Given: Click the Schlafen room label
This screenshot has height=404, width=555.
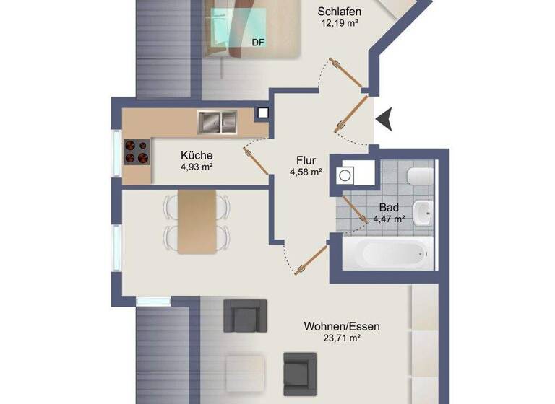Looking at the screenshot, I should (340, 12).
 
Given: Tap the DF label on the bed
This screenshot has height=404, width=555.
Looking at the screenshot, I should (257, 43).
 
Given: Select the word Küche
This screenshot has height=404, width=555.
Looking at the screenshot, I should (197, 155).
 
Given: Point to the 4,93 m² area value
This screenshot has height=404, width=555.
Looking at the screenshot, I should (197, 167).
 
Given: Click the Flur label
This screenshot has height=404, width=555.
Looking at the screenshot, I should (306, 160).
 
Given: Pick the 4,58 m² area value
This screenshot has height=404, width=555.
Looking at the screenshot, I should (306, 172).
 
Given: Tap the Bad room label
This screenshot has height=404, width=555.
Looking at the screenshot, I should (389, 207).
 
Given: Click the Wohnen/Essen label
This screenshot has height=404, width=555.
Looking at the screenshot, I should (342, 326).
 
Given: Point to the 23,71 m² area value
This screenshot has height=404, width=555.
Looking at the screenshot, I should (342, 338).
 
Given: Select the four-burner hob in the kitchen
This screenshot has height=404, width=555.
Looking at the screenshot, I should (136, 151).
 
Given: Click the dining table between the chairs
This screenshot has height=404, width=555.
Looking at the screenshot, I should (197, 221).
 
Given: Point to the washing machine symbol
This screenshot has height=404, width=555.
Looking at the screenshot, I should (347, 175).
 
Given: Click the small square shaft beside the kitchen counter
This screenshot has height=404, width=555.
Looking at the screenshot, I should (262, 113).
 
